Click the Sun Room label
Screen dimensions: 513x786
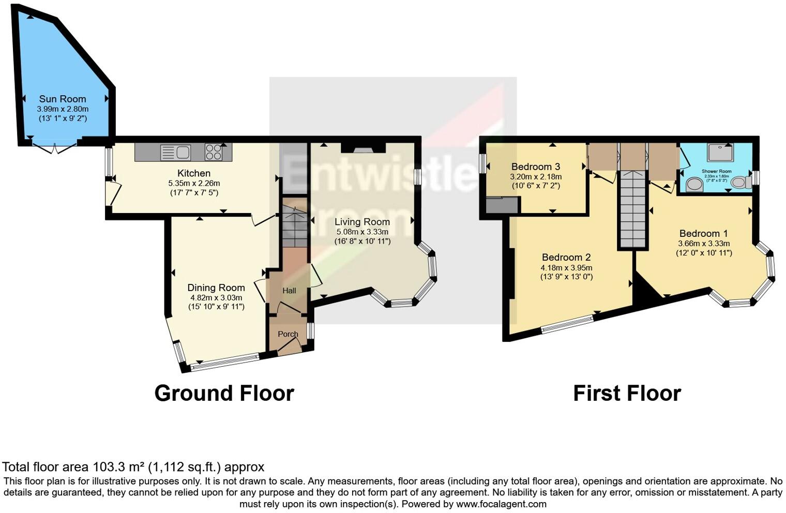[x=63, y=99]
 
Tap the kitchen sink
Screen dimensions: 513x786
[x=176, y=153]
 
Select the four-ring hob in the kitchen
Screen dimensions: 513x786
[x=214, y=152]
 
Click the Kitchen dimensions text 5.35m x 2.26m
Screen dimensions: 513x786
[x=194, y=183]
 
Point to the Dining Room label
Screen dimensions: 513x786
[x=216, y=288]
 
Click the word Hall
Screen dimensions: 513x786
[x=289, y=291]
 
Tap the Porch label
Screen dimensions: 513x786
[x=288, y=334]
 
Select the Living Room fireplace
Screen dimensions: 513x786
[x=363, y=148]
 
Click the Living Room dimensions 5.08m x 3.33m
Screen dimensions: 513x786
[x=362, y=232]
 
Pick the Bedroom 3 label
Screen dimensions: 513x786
[x=536, y=167]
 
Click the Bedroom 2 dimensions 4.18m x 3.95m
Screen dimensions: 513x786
[x=566, y=267]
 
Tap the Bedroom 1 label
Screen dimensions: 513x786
[x=704, y=233]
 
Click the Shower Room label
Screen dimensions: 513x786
[x=716, y=171]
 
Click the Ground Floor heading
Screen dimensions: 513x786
[x=224, y=394]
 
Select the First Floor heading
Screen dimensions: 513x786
[x=627, y=394]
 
